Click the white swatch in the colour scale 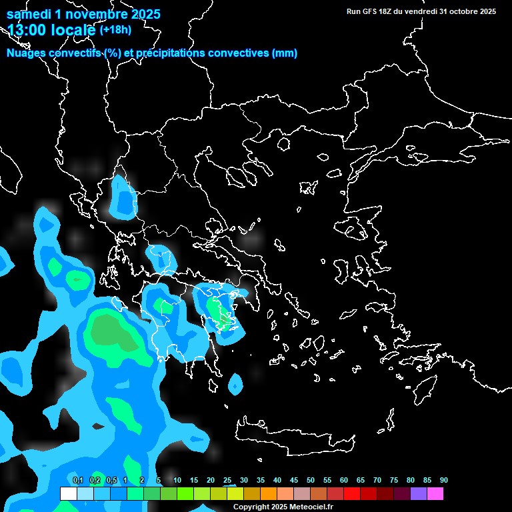[x=68, y=493]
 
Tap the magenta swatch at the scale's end [x=435, y=493]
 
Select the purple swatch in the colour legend [x=419, y=493]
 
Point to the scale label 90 [x=444, y=481]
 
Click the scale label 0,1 [x=78, y=481]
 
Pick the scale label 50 [x=311, y=481]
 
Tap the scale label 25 [x=227, y=481]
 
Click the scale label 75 [x=394, y=481]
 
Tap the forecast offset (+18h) [x=115, y=29]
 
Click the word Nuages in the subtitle [x=25, y=53]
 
